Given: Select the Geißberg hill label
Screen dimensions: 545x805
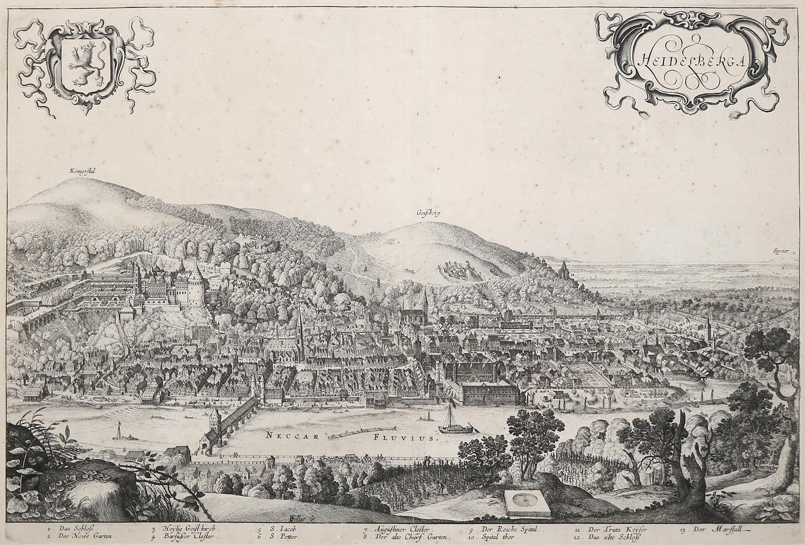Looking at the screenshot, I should [428, 213].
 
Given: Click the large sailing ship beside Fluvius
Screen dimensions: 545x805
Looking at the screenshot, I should [449, 422].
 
